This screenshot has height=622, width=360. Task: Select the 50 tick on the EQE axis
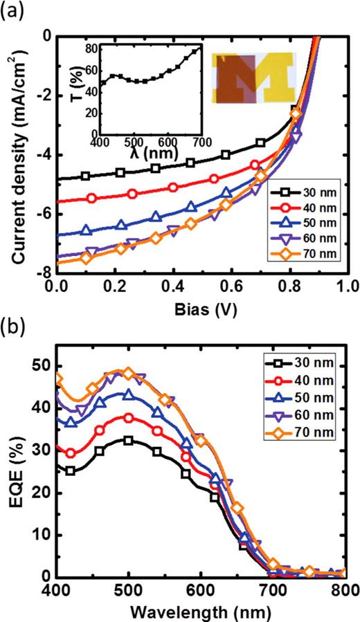43,365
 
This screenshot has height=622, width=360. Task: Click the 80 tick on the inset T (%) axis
91,48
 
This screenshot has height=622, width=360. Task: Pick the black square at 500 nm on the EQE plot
128,441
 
